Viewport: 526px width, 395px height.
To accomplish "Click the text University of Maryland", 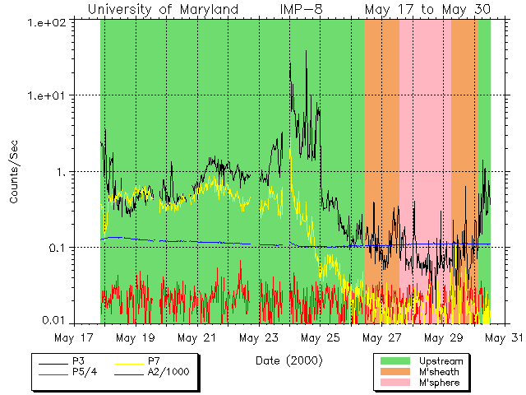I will tap(163, 9).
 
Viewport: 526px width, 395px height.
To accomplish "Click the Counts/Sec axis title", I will tap(14, 172).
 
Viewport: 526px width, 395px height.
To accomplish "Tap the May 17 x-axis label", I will tap(74, 338).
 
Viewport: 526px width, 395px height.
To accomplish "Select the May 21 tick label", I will tap(197, 338).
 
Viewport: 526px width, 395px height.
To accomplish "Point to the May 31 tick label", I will tap(502, 338).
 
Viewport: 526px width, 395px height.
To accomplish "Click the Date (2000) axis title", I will tap(288, 360).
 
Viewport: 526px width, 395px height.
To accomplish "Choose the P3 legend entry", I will tap(78, 361).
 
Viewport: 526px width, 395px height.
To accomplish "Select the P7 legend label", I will tap(154, 361).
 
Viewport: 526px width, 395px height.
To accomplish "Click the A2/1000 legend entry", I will tap(168, 372).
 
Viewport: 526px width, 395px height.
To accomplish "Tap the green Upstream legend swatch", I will tap(395, 361).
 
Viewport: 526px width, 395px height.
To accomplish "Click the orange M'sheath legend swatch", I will tap(395, 372).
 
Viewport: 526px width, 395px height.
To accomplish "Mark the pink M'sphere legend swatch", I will tap(395, 383).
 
